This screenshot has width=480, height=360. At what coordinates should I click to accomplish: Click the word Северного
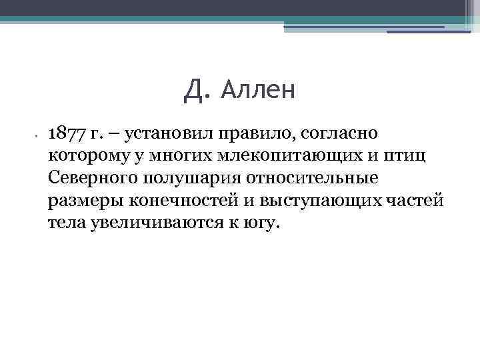93,179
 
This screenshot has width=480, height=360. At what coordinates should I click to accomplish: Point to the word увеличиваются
152,223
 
